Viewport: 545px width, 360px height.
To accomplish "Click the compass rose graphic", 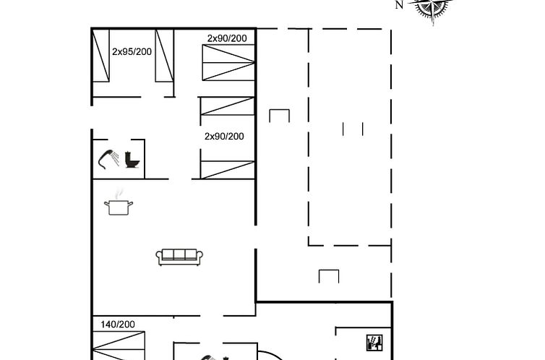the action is [x=432, y=7].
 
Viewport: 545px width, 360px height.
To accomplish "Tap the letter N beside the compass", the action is [x=400, y=5].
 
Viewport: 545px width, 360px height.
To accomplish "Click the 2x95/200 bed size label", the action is [x=132, y=52].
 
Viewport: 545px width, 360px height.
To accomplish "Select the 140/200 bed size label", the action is [x=118, y=325].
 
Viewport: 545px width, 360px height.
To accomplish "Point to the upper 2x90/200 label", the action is [x=227, y=38].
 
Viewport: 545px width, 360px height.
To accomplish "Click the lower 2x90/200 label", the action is [x=224, y=137].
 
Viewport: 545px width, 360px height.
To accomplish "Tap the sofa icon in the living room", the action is [x=179, y=257].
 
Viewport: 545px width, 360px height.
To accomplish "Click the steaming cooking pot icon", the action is [x=119, y=202].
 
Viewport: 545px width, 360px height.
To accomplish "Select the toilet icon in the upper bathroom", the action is [x=132, y=160].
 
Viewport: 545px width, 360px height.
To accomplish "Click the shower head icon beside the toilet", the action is [x=108, y=160].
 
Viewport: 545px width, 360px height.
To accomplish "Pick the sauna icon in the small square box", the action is [x=374, y=343].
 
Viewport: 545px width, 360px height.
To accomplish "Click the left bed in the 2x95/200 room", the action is [x=101, y=56].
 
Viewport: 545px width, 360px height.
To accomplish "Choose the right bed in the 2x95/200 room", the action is [x=164, y=56].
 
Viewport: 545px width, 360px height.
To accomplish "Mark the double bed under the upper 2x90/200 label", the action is [x=228, y=63].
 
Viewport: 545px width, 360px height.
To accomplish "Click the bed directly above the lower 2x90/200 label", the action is [x=227, y=106].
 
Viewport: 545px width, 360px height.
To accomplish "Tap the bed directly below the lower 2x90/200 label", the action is [x=228, y=170].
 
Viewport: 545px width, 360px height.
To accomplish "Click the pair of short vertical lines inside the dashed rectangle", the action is [x=353, y=129].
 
